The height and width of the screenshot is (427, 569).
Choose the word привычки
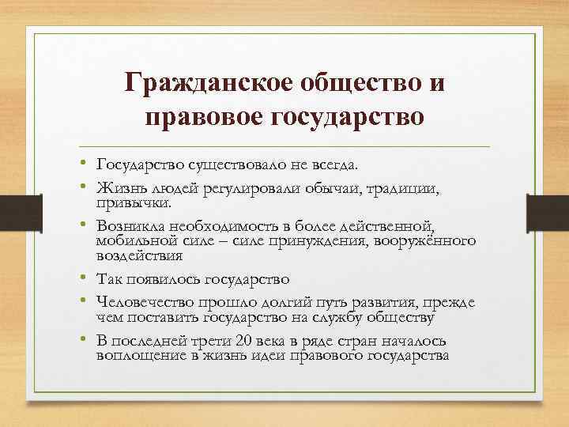coord(133,203)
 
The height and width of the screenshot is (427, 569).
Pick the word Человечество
coord(146,301)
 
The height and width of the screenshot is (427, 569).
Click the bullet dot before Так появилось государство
coord(83,278)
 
